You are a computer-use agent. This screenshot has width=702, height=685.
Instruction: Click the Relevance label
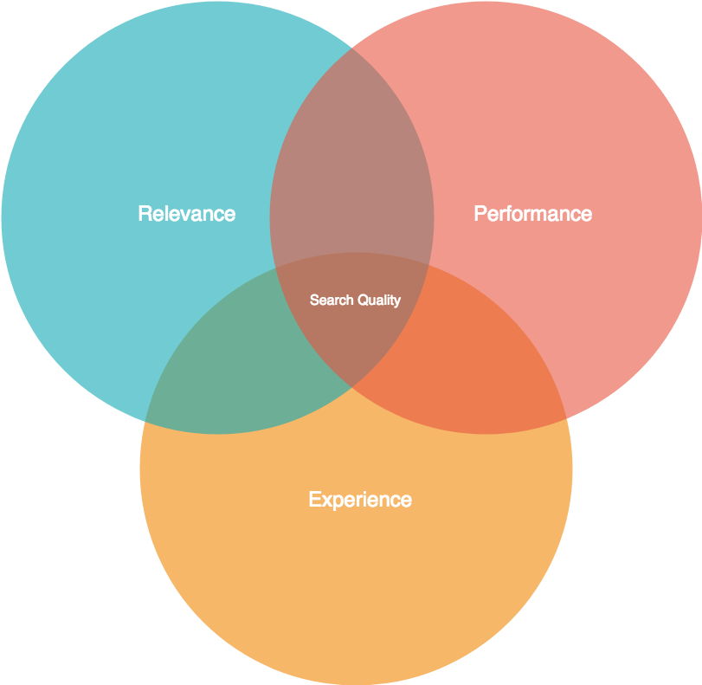click(186, 214)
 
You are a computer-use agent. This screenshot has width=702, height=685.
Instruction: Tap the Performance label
click(532, 214)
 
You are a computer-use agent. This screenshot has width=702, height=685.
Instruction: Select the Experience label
click(359, 500)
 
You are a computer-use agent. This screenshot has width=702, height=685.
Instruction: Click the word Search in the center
click(332, 300)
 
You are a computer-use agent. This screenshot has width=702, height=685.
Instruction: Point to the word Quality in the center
click(379, 300)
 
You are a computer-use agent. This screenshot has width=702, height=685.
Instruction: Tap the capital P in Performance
click(480, 214)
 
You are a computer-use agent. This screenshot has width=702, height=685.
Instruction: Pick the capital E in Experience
click(314, 500)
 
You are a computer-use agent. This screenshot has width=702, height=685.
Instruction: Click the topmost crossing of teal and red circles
click(351, 48)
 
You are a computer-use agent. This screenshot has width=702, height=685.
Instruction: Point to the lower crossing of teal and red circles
click(351, 386)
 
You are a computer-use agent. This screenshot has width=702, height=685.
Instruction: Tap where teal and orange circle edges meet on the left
click(146, 422)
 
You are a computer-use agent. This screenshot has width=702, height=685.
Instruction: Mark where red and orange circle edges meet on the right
click(565, 418)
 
